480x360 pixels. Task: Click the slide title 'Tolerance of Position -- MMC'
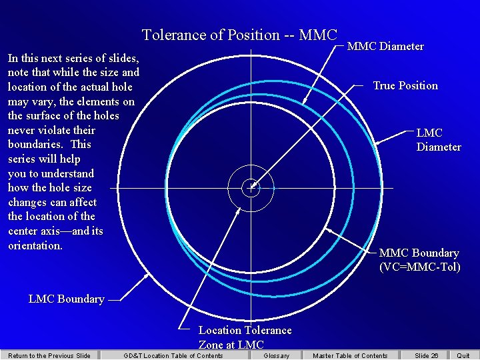[239, 35]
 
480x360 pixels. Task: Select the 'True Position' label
[405, 85]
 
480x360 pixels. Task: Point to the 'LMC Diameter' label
[439, 140]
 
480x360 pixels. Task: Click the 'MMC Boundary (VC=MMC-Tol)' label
[419, 260]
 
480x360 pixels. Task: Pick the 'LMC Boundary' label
[66, 299]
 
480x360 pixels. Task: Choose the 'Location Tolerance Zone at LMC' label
[245, 337]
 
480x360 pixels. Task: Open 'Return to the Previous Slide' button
[49, 355]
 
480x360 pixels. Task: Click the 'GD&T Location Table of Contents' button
[173, 355]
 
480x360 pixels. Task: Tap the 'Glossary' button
[276, 355]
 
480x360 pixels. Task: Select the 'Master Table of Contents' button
[350, 355]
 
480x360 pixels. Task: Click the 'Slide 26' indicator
[426, 355]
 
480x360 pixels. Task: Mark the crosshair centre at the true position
[251, 187]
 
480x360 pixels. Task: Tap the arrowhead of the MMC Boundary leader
[328, 228]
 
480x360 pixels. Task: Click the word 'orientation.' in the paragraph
[35, 245]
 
